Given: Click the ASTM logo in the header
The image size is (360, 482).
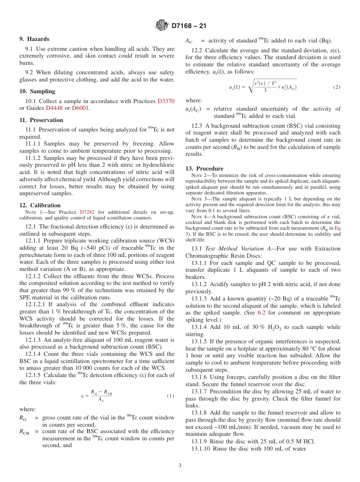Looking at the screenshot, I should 162,26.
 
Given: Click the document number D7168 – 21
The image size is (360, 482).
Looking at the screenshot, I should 189,26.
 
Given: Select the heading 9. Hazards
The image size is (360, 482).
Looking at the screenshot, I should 34,39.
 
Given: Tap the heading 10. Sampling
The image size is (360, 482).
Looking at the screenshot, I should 37,91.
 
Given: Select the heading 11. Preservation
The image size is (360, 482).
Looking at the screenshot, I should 41,120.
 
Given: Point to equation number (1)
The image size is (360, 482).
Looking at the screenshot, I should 170,396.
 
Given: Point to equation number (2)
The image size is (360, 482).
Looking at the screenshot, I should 337,87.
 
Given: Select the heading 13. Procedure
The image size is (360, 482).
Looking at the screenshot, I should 204,169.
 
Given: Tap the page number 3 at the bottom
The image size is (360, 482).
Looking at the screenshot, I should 180,466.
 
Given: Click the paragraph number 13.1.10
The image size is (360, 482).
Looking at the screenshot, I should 201,449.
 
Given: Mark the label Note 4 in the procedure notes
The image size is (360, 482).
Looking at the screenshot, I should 199,216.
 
